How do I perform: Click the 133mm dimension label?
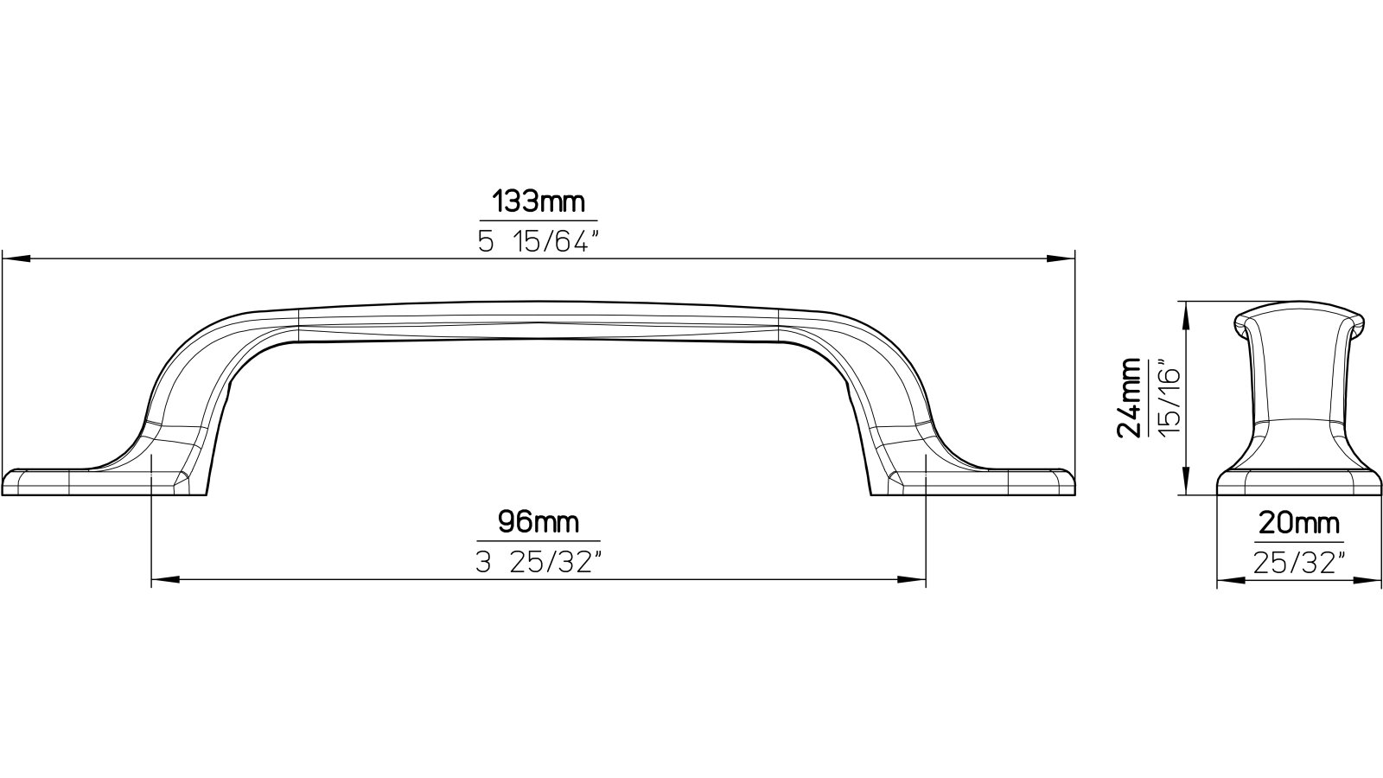pos(539,203)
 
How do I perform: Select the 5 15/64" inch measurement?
pos(539,243)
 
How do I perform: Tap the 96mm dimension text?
pos(538,522)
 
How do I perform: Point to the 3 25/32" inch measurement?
pos(538,564)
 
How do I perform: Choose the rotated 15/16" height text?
pos(1169,399)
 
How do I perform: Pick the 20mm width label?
pos(1298,524)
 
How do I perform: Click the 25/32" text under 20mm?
pos(1298,564)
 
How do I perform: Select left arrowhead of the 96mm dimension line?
pos(164,579)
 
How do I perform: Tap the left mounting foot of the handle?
pos(78,482)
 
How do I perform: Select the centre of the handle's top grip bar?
pos(539,322)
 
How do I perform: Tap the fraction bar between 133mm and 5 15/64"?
pos(539,222)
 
